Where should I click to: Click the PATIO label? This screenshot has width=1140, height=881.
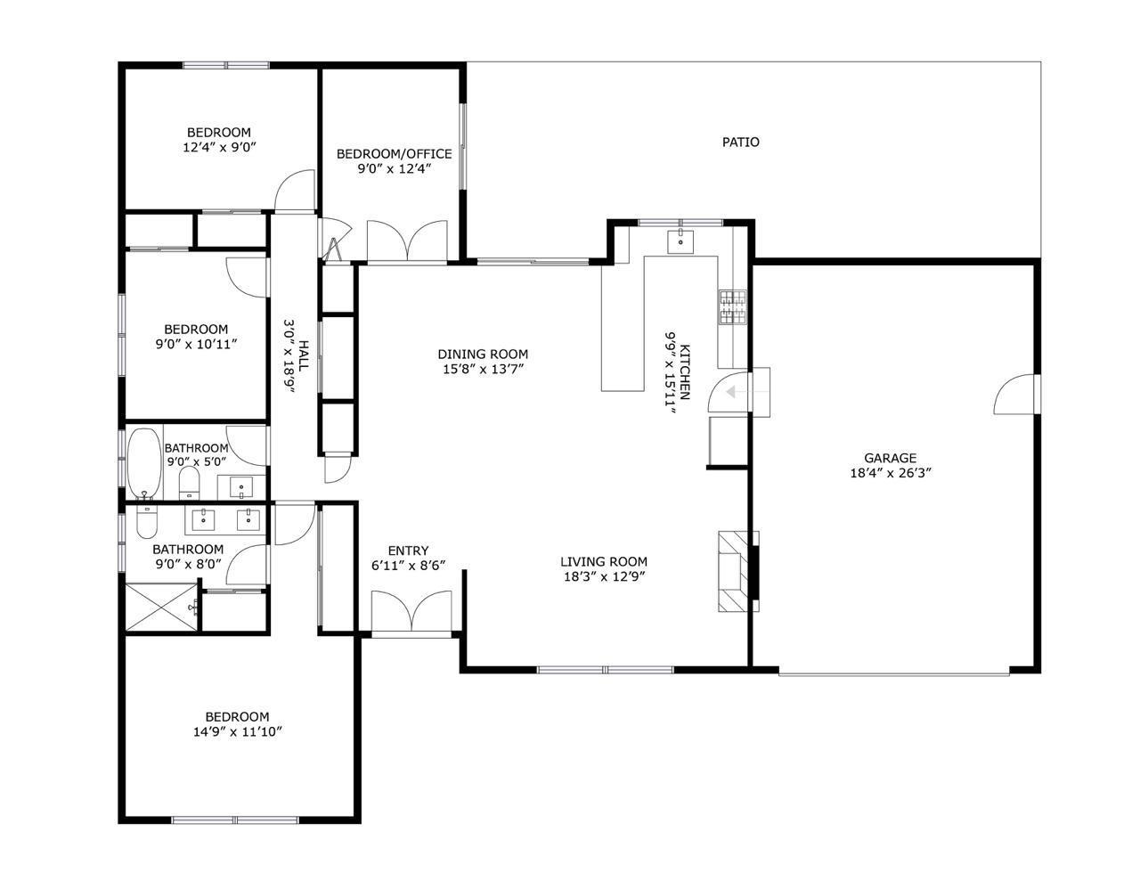[740, 142]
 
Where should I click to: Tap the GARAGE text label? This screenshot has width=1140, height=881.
[890, 459]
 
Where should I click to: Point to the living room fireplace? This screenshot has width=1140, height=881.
[737, 571]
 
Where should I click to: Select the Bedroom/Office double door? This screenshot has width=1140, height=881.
[407, 241]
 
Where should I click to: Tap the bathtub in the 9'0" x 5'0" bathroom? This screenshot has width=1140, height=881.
[142, 464]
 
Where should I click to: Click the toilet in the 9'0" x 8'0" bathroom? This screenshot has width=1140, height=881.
[146, 522]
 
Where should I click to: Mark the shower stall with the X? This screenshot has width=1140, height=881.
[160, 607]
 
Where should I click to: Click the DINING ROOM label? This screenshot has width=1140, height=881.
[483, 354]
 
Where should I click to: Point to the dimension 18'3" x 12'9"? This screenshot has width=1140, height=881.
[603, 576]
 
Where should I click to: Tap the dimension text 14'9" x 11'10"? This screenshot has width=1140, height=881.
[237, 732]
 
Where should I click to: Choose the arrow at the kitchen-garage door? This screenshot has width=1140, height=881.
[736, 392]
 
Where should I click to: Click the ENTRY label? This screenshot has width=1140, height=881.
[408, 551]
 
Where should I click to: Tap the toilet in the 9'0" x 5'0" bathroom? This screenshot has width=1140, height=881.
[189, 483]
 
